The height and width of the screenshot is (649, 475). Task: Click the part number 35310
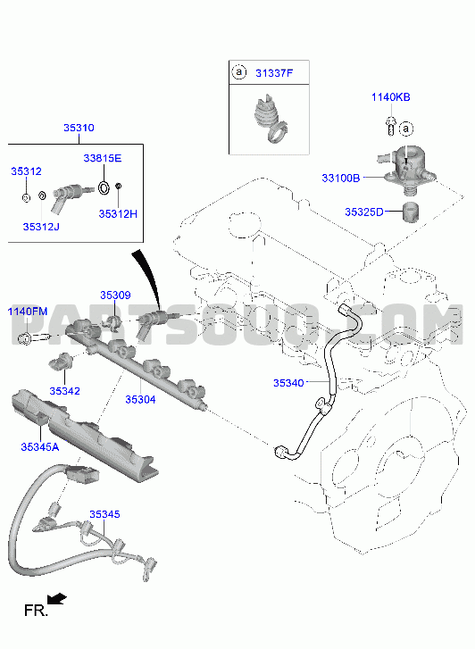tap(79, 128)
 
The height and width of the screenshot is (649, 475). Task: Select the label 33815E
tap(103, 158)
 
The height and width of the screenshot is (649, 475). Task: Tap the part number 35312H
tap(118, 214)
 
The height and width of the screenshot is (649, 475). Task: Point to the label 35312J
tap(41, 227)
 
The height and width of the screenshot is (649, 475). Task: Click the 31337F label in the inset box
tap(274, 73)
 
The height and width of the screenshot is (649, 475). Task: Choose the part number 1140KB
tap(390, 97)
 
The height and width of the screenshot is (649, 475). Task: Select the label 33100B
tap(341, 179)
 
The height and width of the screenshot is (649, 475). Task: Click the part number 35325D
tap(364, 212)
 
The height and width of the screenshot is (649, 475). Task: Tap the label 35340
tap(288, 383)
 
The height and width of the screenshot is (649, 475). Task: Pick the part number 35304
tap(140, 399)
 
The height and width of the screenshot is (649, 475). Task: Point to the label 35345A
tap(40, 447)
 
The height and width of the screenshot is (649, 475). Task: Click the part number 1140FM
tap(28, 312)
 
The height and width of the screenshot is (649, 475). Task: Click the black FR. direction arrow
tap(57, 599)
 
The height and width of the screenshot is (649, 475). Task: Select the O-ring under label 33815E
tap(104, 187)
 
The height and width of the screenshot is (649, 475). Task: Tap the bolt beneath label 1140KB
tap(390, 125)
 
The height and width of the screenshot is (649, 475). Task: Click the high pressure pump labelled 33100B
tap(406, 171)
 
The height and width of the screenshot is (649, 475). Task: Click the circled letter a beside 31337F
tap(239, 72)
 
